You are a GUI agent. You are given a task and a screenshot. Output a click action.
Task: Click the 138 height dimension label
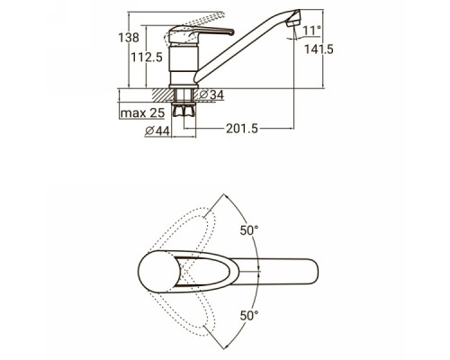tap(129, 38)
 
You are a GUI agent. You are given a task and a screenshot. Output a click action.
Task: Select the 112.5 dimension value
tap(147, 58)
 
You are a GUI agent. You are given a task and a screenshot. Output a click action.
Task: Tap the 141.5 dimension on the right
tap(319, 49)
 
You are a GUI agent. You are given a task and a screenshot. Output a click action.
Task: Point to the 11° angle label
tap(311, 31)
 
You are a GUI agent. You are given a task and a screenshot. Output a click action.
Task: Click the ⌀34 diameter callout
tap(211, 94)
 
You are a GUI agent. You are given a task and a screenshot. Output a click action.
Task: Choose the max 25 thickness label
tap(142, 113)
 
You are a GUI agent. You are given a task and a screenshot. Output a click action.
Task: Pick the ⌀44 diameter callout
tap(157, 131)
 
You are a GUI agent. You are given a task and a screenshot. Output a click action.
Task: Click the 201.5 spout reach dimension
tap(242, 129)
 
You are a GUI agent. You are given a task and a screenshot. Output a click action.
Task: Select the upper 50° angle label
tap(249, 230)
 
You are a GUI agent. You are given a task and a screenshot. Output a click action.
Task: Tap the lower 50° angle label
tap(249, 316)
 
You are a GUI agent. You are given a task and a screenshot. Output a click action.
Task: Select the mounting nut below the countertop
tap(184, 110)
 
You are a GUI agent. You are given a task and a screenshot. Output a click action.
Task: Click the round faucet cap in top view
tap(159, 272)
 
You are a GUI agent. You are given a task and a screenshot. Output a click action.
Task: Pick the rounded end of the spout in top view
tap(312, 270)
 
